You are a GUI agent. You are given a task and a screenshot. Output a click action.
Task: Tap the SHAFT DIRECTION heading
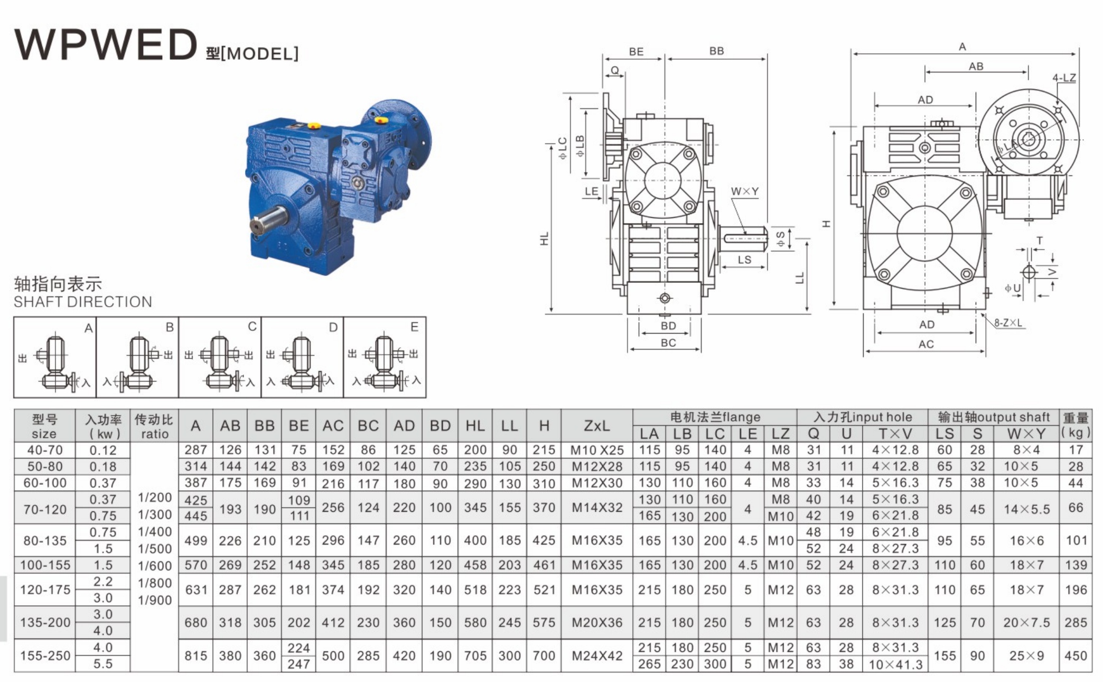[83, 302]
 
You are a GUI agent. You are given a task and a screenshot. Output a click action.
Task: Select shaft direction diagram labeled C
[220, 357]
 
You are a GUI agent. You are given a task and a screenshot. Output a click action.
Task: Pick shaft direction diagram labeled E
[385, 357]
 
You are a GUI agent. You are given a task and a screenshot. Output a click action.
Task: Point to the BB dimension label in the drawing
[716, 51]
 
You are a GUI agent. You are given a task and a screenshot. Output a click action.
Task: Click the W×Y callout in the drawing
[745, 191]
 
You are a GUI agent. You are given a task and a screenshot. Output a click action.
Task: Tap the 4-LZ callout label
[1064, 78]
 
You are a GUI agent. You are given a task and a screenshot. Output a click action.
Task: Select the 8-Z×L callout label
[1008, 322]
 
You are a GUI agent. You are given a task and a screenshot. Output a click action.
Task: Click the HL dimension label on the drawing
[545, 238]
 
